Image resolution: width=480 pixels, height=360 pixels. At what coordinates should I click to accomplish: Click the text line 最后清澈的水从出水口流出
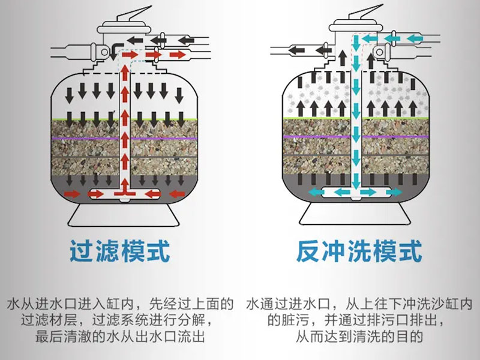tap(120, 337)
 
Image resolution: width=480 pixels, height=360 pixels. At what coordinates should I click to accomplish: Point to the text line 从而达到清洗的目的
tap(359, 337)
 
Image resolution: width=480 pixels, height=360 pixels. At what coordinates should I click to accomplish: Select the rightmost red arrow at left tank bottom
tap(176, 194)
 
